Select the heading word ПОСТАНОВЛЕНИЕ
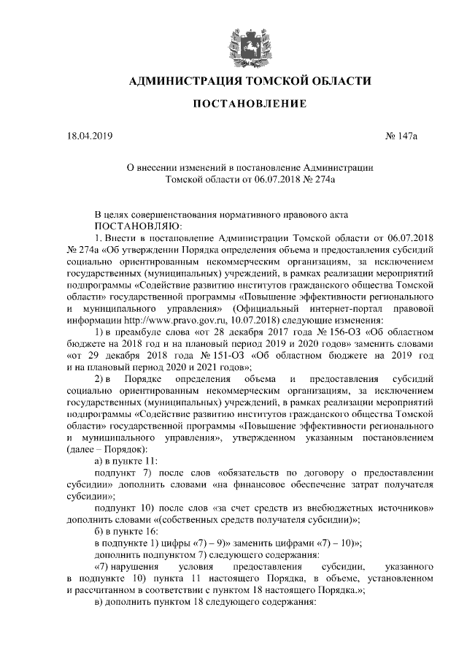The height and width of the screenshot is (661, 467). (233, 105)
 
